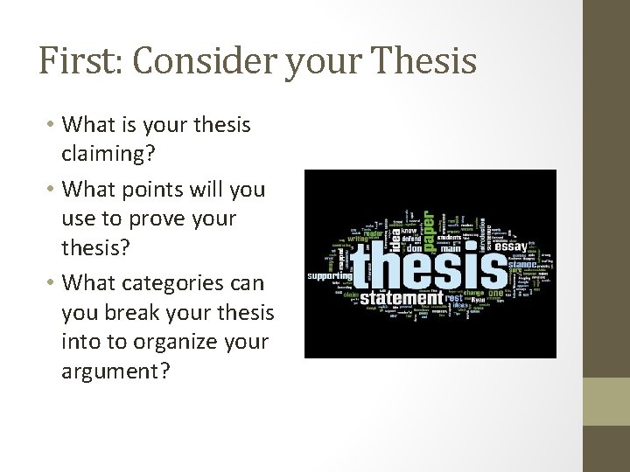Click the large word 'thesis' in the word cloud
(423, 261)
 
